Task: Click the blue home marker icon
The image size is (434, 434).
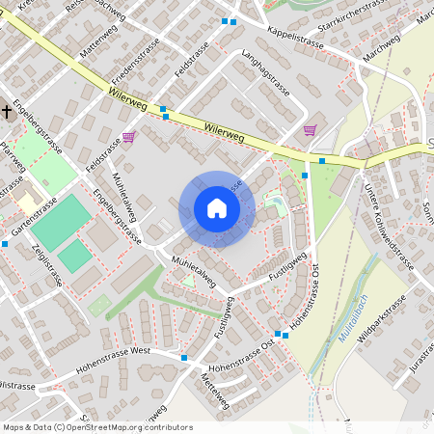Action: pos(217,209)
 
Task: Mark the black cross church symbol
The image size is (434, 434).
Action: pos(7,112)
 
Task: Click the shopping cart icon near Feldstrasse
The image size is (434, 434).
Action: pos(128,137)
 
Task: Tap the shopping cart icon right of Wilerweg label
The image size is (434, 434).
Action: pos(310,129)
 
